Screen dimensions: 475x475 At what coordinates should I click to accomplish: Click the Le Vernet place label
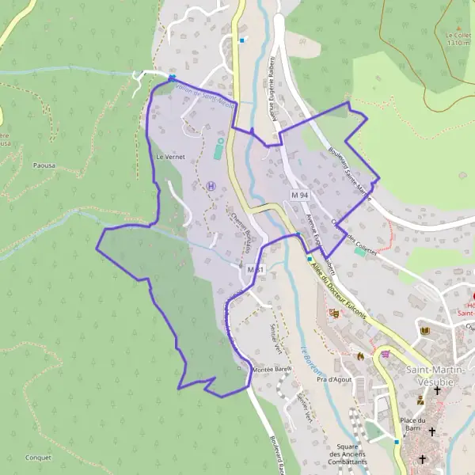click(x=170, y=158)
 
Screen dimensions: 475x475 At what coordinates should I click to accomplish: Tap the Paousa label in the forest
click(x=44, y=167)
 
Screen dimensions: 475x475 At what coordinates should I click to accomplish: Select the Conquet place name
click(x=37, y=458)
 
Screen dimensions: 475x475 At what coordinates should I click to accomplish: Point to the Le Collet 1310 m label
click(x=458, y=40)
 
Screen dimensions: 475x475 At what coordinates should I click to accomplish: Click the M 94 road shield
click(x=299, y=195)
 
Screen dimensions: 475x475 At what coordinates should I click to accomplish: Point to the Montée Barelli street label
click(x=272, y=370)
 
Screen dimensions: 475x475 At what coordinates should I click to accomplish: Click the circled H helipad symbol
click(x=211, y=185)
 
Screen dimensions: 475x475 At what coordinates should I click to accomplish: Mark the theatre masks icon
click(x=334, y=313)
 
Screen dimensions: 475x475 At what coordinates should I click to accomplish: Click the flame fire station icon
click(x=360, y=355)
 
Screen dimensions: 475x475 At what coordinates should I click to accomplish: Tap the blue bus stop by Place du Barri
click(x=397, y=441)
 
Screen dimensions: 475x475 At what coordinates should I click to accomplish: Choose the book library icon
click(x=425, y=330)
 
